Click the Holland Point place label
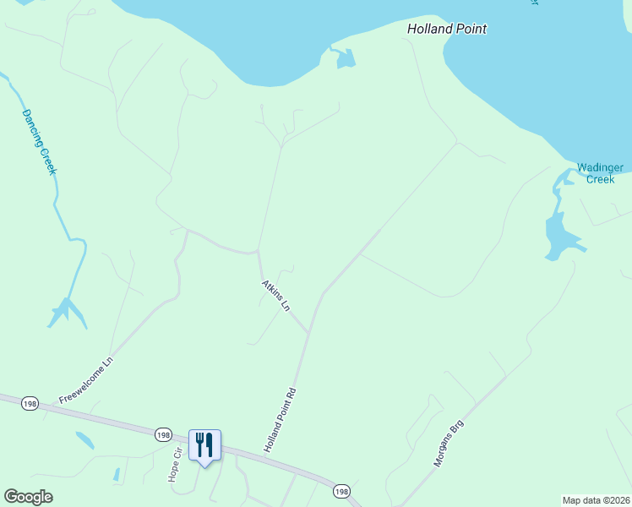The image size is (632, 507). (447, 29)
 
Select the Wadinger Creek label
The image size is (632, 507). (601, 173)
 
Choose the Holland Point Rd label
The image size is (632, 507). (282, 419)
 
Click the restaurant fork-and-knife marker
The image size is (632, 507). (204, 444)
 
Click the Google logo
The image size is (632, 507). (28, 497)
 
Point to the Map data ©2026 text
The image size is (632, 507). (596, 499)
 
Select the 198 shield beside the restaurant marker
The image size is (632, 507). (163, 434)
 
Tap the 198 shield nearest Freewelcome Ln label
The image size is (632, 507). (30, 403)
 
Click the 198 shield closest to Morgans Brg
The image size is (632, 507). (341, 491)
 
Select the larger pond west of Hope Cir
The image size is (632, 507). (84, 439)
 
